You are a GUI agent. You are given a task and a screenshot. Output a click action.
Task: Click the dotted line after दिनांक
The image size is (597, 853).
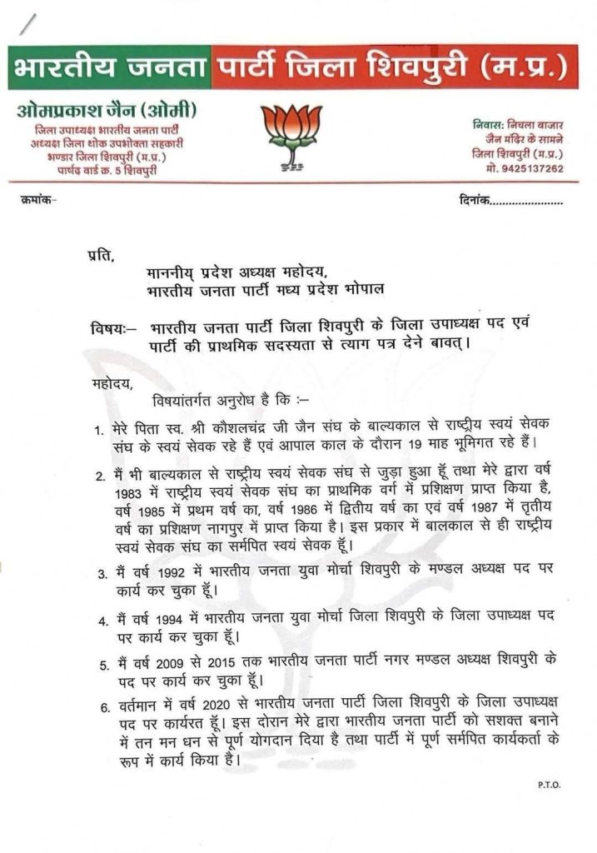tap(527, 202)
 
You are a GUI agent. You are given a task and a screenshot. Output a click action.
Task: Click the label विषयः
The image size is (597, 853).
tap(107, 327)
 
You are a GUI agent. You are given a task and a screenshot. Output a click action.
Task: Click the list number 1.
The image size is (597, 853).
tap(97, 431)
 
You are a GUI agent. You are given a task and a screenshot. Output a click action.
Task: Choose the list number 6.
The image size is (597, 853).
tap(106, 708)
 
